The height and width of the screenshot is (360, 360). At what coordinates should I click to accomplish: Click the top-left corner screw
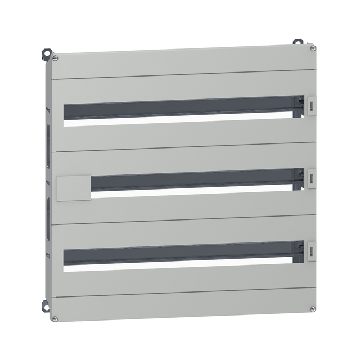(x=55, y=57)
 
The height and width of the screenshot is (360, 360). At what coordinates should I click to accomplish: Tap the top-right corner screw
(x=313, y=48)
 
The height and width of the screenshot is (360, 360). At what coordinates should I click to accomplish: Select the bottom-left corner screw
(x=55, y=318)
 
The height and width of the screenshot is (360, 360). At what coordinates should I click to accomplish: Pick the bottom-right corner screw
(x=313, y=308)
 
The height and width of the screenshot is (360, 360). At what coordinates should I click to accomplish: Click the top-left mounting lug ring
(x=45, y=53)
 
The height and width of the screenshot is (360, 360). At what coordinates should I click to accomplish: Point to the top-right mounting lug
(x=296, y=42)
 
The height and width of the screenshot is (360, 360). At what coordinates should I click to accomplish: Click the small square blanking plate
(x=74, y=188)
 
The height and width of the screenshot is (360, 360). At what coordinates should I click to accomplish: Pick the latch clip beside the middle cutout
(x=312, y=177)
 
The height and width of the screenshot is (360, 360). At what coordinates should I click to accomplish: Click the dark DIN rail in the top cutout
(x=180, y=107)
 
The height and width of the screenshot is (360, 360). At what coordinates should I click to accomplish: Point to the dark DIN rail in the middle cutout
(x=191, y=180)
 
